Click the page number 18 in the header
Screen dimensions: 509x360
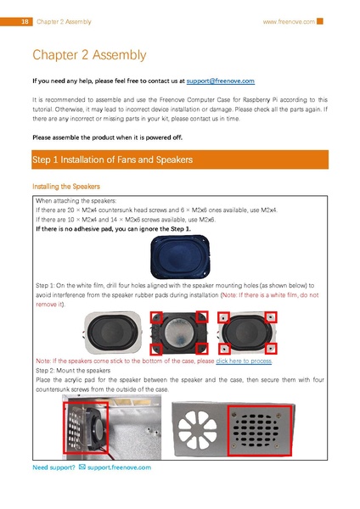point(25,21)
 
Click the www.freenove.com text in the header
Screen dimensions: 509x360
point(289,21)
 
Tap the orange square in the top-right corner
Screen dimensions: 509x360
point(320,21)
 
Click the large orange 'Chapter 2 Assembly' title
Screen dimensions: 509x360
point(89,55)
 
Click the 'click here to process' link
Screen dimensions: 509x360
point(244,361)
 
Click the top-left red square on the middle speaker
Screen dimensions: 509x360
point(157,316)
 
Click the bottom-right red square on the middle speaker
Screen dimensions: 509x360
point(200,348)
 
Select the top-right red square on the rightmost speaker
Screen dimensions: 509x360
point(270,317)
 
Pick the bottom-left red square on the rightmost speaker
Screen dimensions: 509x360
point(222,346)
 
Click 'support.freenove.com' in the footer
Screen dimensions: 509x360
point(119,467)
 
